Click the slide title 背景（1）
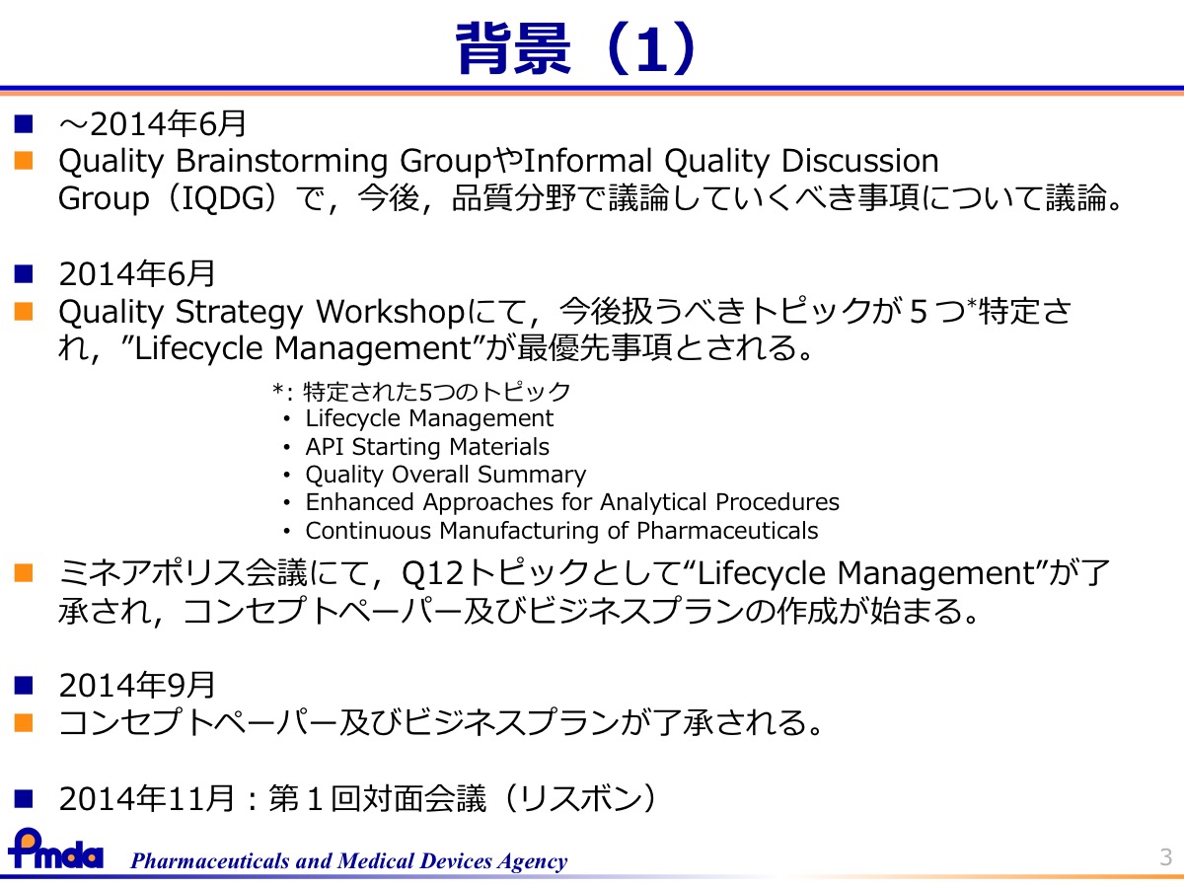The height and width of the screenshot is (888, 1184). click(x=576, y=48)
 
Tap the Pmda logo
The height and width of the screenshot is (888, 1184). click(x=55, y=850)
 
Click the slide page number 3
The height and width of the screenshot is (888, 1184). click(x=1165, y=857)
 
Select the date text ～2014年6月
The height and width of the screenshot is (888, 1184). click(x=153, y=124)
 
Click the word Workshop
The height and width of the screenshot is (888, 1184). click(x=390, y=313)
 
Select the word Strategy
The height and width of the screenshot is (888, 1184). click(x=240, y=313)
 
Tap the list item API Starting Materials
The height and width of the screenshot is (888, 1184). click(x=427, y=446)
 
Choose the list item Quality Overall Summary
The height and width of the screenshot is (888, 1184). click(x=446, y=475)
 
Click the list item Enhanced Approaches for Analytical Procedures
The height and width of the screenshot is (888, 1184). click(x=572, y=502)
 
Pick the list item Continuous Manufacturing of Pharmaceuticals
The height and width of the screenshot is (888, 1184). click(x=561, y=531)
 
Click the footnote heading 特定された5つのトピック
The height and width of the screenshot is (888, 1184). click(x=436, y=392)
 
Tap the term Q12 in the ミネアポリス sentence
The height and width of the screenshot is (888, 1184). click(x=432, y=573)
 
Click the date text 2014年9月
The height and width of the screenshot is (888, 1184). click(x=137, y=685)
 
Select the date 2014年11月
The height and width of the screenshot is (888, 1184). click(x=147, y=798)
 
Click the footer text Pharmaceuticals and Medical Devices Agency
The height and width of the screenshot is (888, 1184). click(x=348, y=861)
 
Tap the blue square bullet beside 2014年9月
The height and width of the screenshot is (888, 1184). click(x=24, y=686)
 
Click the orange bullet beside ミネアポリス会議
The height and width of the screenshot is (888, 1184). click(x=24, y=573)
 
